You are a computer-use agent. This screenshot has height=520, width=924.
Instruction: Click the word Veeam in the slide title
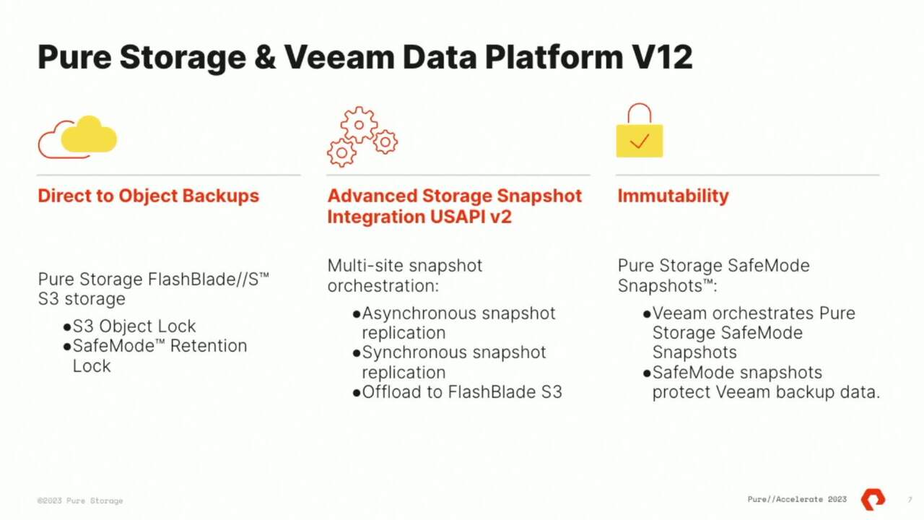coord(339,57)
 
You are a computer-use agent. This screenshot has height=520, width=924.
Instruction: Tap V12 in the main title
coord(662,57)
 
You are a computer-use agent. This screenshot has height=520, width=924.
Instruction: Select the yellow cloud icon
coord(89,134)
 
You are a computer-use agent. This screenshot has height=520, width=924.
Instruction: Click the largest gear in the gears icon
coord(359,125)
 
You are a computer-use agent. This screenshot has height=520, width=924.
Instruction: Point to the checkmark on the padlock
coord(640,141)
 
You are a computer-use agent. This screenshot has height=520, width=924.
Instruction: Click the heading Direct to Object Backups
coord(149,196)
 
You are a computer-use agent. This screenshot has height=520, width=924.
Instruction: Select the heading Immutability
coord(674,196)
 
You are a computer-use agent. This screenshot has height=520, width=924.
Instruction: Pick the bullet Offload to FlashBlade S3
coord(458,392)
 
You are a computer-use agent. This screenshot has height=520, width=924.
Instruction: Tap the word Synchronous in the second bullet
coord(414,353)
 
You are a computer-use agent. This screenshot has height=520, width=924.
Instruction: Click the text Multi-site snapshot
coord(405,266)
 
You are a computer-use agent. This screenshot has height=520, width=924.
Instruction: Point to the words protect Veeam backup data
coord(766,392)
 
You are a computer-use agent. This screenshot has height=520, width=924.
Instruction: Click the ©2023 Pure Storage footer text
coord(80,500)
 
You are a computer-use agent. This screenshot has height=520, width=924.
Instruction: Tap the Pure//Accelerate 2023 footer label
coord(797,499)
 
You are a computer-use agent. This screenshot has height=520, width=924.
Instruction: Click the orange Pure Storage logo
coord(873,499)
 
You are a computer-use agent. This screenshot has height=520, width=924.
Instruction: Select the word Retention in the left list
coord(209,346)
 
